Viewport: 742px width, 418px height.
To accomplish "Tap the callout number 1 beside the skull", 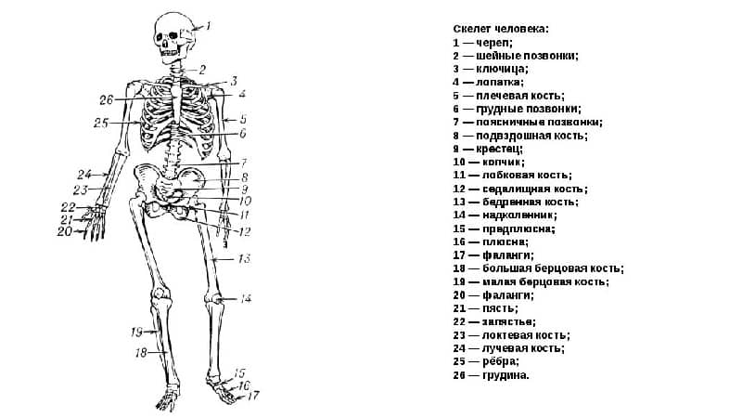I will pyautogui.click(x=209, y=26).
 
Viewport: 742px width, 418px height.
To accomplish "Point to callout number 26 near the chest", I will pyautogui.click(x=106, y=99).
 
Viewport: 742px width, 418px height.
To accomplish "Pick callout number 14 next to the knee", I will pyautogui.click(x=246, y=299).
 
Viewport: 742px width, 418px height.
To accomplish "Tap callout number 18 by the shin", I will pyautogui.click(x=142, y=353).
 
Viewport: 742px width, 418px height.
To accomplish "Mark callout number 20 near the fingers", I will pyautogui.click(x=64, y=232).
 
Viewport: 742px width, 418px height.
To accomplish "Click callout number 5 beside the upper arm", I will pyautogui.click(x=243, y=119).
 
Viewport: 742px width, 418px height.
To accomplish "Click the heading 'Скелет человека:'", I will pyautogui.click(x=501, y=29).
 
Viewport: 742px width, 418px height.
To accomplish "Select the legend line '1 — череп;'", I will pyautogui.click(x=482, y=43).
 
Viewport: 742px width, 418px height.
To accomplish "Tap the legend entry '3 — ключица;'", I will pyautogui.click(x=490, y=69).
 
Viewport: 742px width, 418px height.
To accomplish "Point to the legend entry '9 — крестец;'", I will pyautogui.click(x=488, y=149).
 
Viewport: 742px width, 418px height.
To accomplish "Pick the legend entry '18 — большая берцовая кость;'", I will pyautogui.click(x=538, y=268).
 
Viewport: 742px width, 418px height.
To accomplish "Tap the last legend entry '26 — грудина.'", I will pyautogui.click(x=492, y=375).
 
